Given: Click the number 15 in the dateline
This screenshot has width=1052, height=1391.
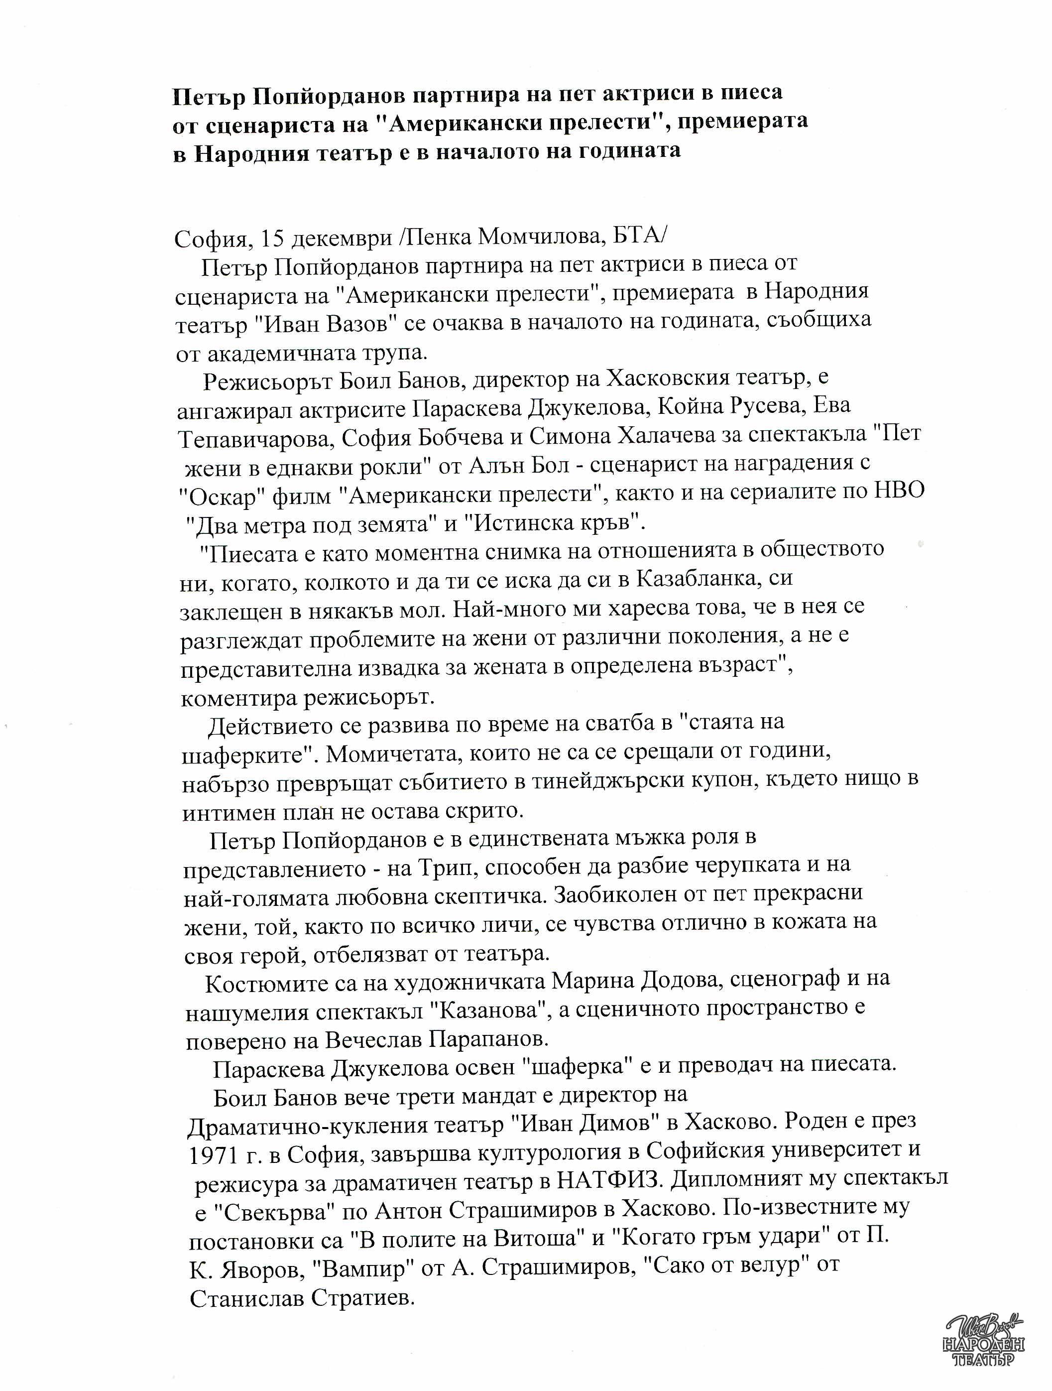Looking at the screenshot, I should pos(273,239).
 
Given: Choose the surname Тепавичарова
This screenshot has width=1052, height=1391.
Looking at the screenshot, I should pos(255,439).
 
